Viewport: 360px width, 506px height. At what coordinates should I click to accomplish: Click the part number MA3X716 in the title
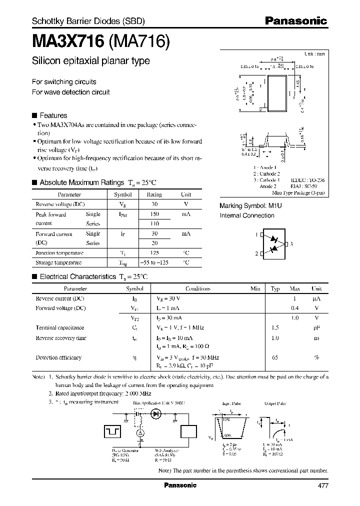(x=67, y=40)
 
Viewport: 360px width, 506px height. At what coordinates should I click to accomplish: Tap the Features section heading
(x=53, y=115)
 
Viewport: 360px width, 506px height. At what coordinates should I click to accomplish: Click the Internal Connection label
(x=247, y=215)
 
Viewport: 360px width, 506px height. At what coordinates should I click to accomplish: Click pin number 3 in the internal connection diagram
(x=291, y=243)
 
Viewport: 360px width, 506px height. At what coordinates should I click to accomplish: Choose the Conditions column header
(x=198, y=288)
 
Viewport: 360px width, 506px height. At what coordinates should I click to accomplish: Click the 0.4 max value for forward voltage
(x=295, y=308)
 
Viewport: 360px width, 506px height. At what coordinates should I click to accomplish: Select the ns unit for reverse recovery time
(x=316, y=338)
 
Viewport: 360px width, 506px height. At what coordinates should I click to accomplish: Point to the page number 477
(x=323, y=485)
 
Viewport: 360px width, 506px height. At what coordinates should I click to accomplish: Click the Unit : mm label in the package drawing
(x=314, y=53)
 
